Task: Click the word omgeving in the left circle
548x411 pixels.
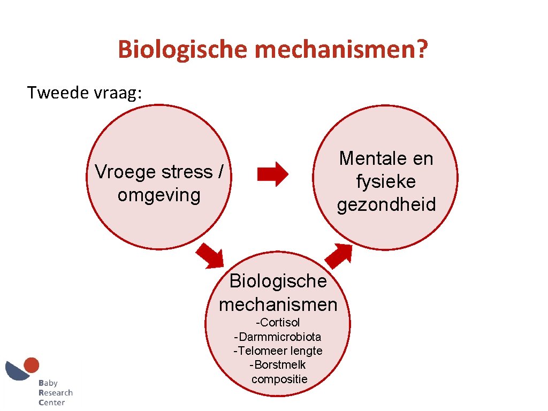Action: coord(159,195)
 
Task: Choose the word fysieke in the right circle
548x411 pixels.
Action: coord(386,181)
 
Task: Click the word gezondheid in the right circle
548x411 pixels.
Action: coord(386,204)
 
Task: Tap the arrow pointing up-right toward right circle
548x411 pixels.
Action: coord(339,255)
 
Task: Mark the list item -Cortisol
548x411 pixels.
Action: coord(278,323)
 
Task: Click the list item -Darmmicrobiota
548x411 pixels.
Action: coord(278,337)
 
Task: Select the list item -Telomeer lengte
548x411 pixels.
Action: coord(278,351)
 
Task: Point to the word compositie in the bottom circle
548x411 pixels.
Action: coord(279,379)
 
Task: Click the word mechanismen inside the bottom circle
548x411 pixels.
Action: coord(278,305)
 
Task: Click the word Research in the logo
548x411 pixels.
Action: coord(55,393)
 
